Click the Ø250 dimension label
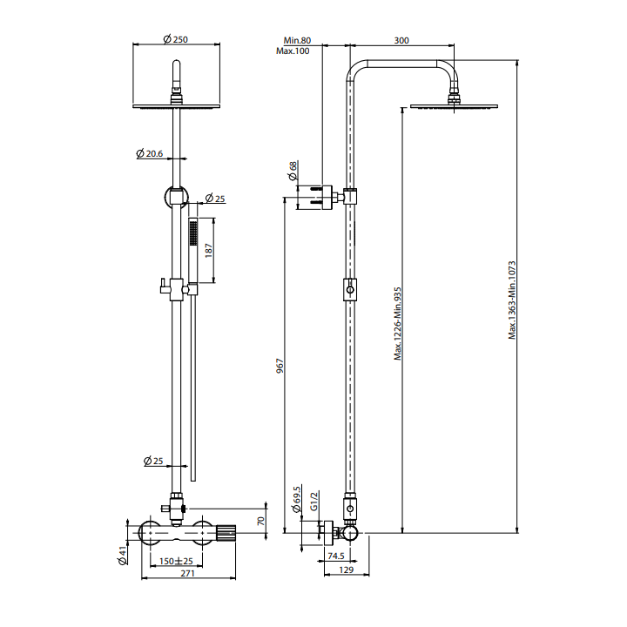click(177, 38)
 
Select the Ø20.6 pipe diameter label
click(150, 153)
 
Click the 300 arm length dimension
click(401, 40)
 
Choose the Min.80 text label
click(297, 40)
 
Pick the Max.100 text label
click(293, 52)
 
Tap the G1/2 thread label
click(314, 502)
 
